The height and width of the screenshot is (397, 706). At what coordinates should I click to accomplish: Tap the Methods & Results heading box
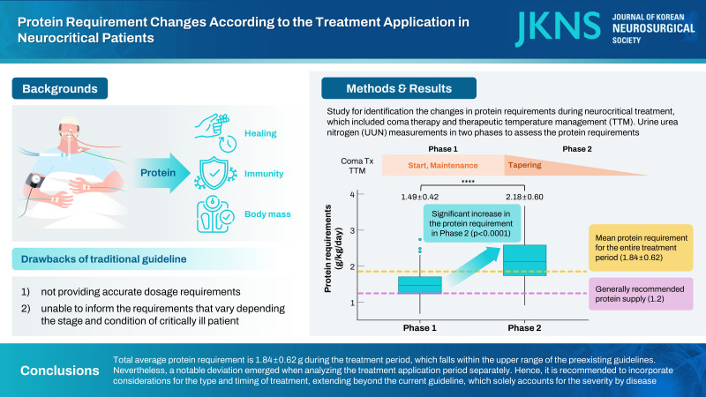(399, 88)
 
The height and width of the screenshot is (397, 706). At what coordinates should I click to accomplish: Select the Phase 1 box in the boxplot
(418, 285)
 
